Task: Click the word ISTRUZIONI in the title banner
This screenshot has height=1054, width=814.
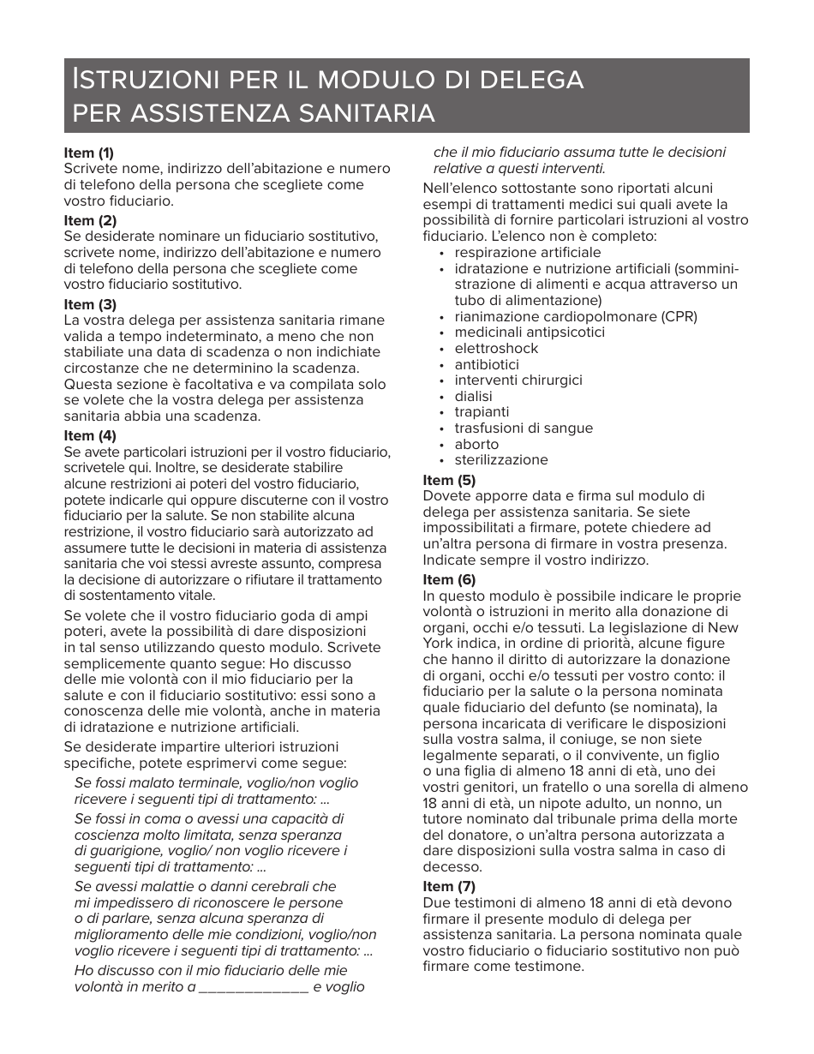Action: [142, 80]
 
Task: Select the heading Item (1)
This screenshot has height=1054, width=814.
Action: [89, 153]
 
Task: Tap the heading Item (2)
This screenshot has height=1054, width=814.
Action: [90, 220]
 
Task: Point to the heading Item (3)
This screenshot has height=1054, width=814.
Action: [90, 304]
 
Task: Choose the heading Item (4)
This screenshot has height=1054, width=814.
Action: [90, 435]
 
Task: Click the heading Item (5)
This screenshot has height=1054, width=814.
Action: [449, 480]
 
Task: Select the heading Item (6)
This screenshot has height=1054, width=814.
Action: [449, 579]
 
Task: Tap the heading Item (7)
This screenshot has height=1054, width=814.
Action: [449, 886]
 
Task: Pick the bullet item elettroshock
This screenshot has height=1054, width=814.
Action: [496, 349]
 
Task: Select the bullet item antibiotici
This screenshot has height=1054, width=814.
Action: [486, 364]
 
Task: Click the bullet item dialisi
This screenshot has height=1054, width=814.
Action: [473, 397]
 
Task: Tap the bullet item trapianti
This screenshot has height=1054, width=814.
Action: [482, 412]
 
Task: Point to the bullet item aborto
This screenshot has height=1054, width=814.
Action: [476, 444]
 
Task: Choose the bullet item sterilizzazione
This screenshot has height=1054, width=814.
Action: [500, 460]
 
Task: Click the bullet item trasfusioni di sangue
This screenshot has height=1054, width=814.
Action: [524, 428]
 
